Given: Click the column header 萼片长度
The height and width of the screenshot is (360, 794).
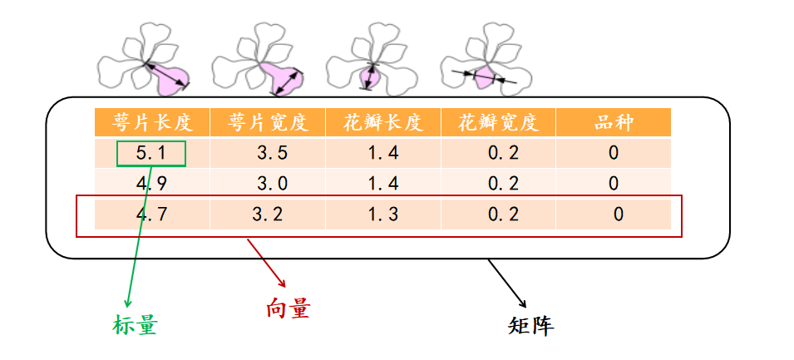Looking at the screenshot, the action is (152, 123).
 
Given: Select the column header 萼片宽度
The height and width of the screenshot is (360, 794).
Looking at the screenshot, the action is (268, 123).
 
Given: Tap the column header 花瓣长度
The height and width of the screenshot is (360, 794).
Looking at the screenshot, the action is (382, 123).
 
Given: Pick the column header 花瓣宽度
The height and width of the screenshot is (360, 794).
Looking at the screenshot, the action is (497, 123).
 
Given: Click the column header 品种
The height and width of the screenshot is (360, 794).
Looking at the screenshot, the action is (614, 123).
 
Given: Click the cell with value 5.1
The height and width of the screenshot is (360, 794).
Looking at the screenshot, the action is (151, 153).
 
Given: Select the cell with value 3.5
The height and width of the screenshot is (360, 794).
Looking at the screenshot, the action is (268, 153).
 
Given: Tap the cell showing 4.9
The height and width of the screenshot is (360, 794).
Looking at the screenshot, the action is (151, 183).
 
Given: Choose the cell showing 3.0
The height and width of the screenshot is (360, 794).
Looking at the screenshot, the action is (268, 183).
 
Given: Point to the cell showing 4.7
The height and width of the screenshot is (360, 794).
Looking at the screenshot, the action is (151, 215).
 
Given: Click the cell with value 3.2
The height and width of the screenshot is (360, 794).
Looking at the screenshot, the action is (268, 215).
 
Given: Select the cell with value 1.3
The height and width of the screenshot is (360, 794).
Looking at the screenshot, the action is (382, 215).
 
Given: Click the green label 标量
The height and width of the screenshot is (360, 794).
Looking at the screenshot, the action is (135, 325).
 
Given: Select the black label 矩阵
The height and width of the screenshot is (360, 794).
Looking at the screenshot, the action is (530, 325).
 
